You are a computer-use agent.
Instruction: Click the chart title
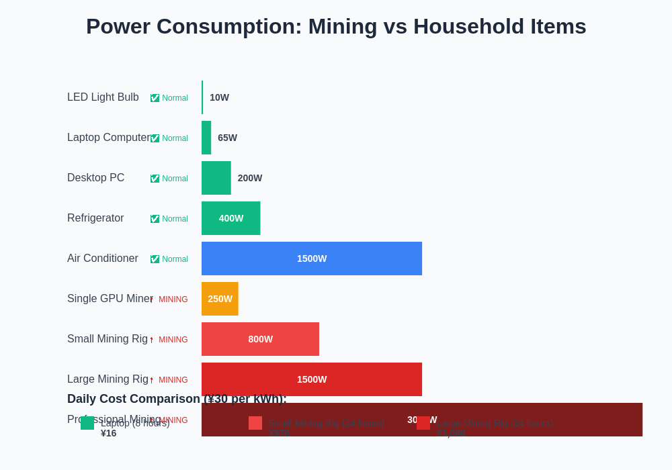click(336, 26)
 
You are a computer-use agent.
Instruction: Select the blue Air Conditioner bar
click(312, 258)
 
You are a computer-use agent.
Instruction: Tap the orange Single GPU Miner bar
click(220, 299)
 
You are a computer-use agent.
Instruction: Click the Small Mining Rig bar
click(260, 339)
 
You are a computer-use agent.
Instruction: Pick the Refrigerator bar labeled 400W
click(230, 218)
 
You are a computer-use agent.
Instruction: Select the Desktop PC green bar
click(216, 178)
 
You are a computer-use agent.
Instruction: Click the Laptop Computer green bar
click(206, 138)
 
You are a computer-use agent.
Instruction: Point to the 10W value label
click(219, 97)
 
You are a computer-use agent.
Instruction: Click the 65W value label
click(227, 138)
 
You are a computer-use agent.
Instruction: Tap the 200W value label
click(249, 178)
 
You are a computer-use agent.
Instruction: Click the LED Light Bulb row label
click(103, 97)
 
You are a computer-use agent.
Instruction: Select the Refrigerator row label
click(95, 218)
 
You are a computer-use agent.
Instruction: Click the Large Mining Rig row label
click(108, 379)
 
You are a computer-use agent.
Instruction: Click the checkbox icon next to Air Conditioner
click(155, 259)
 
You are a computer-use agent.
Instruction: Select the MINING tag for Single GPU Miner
click(173, 299)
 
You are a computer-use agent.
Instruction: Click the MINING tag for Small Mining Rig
click(173, 340)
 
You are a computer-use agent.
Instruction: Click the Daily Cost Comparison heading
click(177, 399)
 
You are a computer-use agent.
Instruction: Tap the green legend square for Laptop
click(87, 423)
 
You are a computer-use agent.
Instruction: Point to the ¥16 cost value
click(108, 433)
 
